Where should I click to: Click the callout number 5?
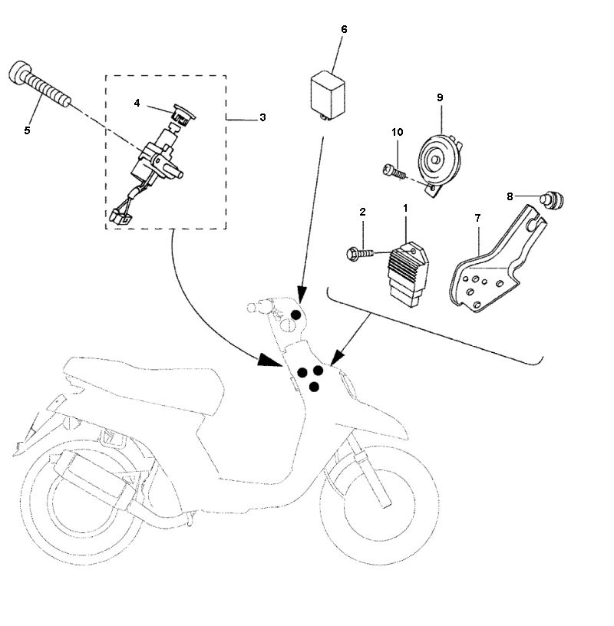[27, 130]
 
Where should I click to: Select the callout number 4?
[137, 102]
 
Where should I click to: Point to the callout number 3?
[262, 117]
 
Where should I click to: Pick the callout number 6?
[343, 29]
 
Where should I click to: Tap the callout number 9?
[440, 97]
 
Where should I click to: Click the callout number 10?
[397, 132]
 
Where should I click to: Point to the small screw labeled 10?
[391, 170]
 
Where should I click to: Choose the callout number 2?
[362, 211]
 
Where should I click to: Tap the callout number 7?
[477, 218]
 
